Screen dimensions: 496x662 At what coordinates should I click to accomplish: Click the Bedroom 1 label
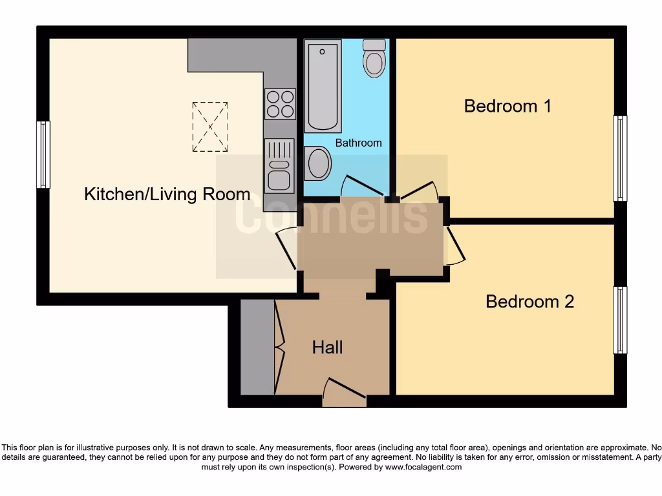(x=507, y=106)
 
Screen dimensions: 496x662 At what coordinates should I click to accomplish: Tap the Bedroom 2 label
(x=529, y=302)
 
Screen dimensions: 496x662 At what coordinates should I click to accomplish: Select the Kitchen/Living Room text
(x=167, y=194)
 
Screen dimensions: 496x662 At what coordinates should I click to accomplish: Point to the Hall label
(x=327, y=347)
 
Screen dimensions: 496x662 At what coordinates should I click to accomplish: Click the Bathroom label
(x=358, y=143)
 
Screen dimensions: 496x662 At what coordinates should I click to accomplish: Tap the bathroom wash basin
(x=318, y=163)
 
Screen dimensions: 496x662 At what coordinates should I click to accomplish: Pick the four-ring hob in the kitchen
(x=280, y=104)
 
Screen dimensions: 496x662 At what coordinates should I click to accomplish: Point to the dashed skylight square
(x=210, y=127)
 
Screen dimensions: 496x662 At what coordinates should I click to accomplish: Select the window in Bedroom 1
(x=620, y=158)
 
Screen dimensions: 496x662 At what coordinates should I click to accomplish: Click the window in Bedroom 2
(x=620, y=320)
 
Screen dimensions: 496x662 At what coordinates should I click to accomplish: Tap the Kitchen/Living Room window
(x=43, y=155)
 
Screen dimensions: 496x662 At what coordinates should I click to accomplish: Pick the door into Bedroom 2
(x=454, y=245)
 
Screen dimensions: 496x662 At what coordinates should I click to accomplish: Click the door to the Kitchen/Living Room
(x=287, y=247)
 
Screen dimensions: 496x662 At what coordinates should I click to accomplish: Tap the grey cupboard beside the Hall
(x=257, y=347)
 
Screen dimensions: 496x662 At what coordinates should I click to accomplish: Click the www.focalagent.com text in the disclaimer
(x=423, y=467)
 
